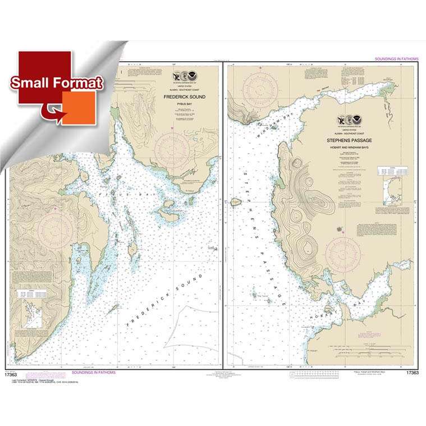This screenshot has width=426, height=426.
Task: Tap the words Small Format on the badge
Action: [x=58, y=83]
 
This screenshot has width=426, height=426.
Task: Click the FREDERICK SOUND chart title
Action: [x=184, y=97]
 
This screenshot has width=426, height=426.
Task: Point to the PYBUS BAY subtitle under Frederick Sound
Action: [x=184, y=104]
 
